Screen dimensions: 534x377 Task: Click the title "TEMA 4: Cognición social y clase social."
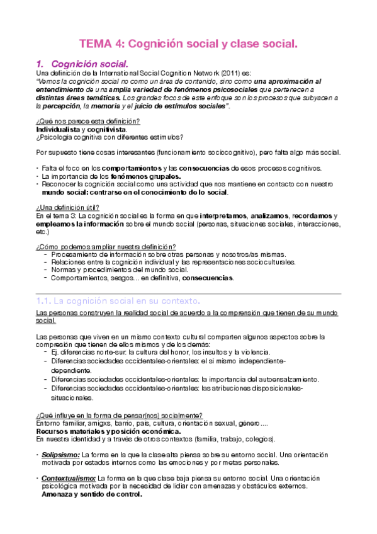pyautogui.click(x=188, y=44)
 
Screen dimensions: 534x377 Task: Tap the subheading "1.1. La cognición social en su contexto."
pyautogui.click(x=118, y=300)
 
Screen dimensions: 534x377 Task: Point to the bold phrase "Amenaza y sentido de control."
pyautogui.click(x=91, y=494)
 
